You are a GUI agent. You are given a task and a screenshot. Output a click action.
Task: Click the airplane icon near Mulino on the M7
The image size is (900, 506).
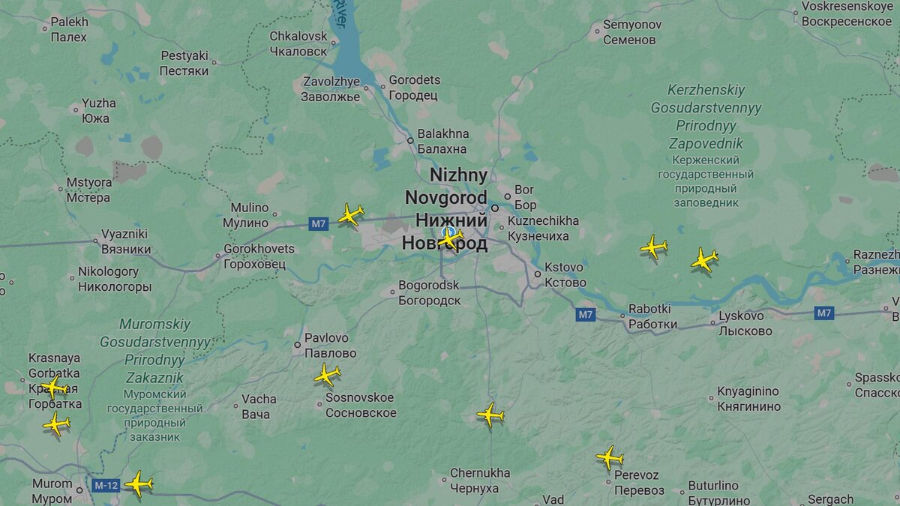350,215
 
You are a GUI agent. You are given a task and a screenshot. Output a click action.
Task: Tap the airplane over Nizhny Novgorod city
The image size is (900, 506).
450,238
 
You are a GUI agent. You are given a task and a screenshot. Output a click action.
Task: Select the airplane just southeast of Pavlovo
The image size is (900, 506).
327,374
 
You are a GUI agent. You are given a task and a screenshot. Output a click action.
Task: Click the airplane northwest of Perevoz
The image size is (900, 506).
610,457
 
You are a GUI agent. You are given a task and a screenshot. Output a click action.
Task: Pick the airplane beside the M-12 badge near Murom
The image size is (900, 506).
139,483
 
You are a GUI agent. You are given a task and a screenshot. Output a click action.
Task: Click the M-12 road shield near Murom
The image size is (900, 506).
106,486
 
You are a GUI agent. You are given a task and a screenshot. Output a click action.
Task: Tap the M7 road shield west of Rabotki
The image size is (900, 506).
586,315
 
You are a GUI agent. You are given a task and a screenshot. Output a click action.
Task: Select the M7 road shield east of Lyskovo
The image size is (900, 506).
823,313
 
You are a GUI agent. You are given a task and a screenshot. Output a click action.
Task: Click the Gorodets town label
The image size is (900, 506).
414,88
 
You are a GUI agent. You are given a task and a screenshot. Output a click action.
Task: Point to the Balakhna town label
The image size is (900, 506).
443,141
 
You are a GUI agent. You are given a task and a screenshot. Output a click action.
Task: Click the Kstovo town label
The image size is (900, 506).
565,274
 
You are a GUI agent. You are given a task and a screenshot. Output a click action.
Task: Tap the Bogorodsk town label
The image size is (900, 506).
429,292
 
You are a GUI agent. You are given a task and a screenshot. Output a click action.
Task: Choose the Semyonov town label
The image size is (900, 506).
634,32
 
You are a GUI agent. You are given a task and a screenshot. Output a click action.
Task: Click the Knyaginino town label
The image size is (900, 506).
748,399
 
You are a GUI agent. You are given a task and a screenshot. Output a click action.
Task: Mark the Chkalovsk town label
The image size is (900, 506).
298,43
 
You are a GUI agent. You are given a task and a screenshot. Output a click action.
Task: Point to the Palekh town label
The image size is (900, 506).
69,29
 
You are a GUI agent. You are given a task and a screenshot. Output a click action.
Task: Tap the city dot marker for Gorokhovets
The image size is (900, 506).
218,256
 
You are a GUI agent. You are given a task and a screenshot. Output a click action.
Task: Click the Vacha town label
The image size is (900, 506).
259,406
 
